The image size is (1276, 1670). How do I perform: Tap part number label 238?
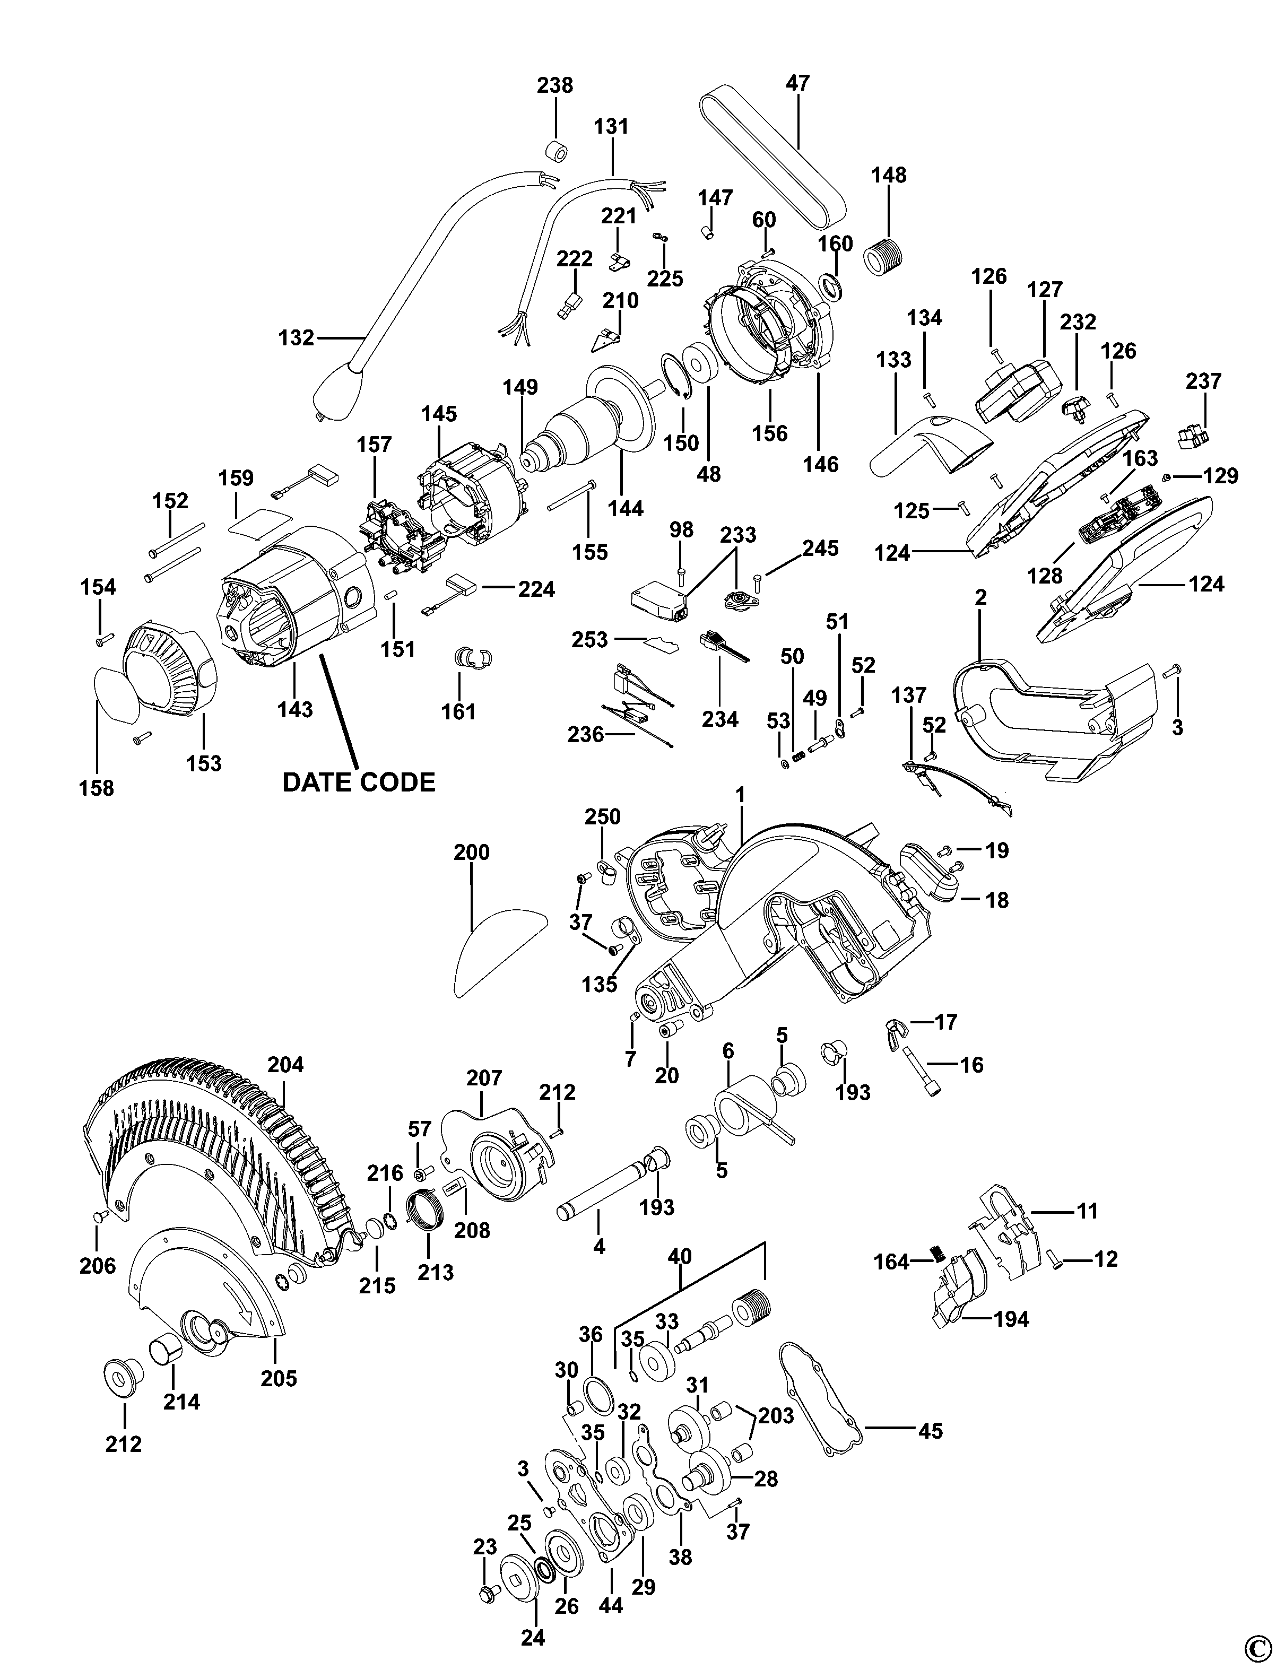click(x=554, y=84)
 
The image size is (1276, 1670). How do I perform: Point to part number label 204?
click(x=285, y=1065)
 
